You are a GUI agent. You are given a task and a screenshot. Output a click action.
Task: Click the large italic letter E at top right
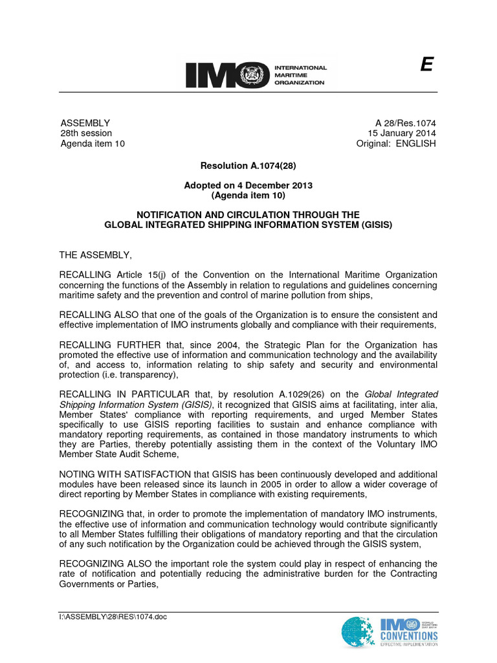pos(426,65)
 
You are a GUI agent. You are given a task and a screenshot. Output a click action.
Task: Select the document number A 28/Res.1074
pos(406,123)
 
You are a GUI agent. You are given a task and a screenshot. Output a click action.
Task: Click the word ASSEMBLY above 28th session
pos(85,123)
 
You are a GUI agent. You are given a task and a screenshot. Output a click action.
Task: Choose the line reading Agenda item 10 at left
pos(92,144)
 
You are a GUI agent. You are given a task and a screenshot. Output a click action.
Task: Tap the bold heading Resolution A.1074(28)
pos(248,165)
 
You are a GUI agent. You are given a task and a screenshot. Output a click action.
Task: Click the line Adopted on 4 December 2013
pos(248,185)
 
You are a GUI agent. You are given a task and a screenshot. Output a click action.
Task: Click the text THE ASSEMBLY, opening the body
pos(95,255)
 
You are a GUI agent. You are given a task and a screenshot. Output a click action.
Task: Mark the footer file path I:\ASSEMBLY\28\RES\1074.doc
pos(113,616)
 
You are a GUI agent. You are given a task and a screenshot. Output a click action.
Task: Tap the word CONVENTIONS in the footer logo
pos(409,636)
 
